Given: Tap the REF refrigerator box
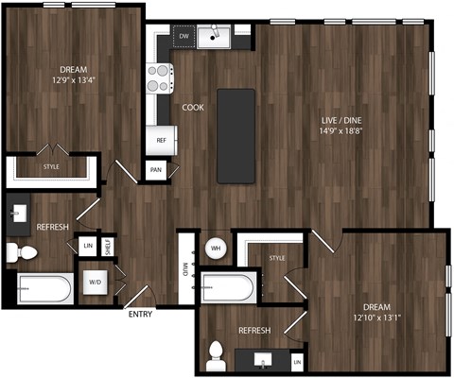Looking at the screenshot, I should tap(161, 140).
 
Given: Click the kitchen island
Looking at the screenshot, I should tap(236, 136).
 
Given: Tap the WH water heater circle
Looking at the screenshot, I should tap(215, 249).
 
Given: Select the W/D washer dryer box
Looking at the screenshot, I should tap(96, 281).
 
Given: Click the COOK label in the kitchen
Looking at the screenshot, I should tap(193, 108).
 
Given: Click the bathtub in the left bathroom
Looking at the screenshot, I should tap(44, 288).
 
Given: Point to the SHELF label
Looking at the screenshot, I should tap(108, 246).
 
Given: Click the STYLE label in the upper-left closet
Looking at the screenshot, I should tap(51, 167).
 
